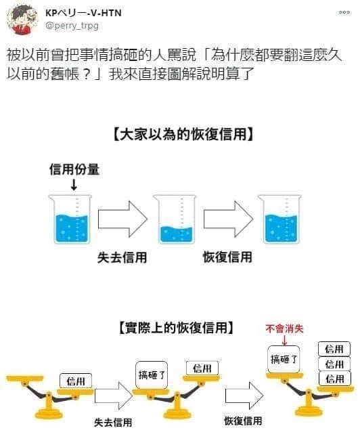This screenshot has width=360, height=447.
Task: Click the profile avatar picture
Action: pyautogui.click(x=22, y=20)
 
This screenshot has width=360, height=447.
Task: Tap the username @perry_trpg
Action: pyautogui.click(x=72, y=26)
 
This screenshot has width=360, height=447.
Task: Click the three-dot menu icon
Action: pyautogui.click(x=344, y=12)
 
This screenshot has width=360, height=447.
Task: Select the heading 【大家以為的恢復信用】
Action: pyautogui.click(x=183, y=134)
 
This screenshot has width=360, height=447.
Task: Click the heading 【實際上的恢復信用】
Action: pyautogui.click(x=176, y=328)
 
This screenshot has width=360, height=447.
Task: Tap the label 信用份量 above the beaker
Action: pyautogui.click(x=74, y=169)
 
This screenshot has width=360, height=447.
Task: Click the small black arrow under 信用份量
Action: pyautogui.click(x=74, y=185)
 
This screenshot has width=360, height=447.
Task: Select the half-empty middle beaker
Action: pyautogui.click(x=175, y=219)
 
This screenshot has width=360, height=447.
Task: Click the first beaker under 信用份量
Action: pyautogui.click(x=70, y=219)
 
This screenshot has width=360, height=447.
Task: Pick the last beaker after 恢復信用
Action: pyautogui.click(x=279, y=219)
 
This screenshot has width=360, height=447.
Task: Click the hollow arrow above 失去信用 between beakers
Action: pyautogui.click(x=122, y=219)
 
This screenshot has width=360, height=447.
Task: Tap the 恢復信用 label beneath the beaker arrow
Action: pyautogui.click(x=227, y=257)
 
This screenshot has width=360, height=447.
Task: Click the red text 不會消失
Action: pyautogui.click(x=284, y=328)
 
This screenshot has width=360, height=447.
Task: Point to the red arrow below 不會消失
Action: pyautogui.click(x=284, y=340)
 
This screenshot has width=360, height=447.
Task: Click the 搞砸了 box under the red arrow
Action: pyautogui.click(x=284, y=359)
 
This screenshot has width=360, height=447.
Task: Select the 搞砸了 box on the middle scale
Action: pyautogui.click(x=152, y=375)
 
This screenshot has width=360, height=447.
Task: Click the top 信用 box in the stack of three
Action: pyautogui.click(x=334, y=349)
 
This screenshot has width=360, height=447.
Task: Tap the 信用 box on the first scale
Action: pyautogui.click(x=76, y=381)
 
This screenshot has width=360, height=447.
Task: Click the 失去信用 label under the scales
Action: pyautogui.click(x=113, y=422)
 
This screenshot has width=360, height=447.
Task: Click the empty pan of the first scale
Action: pyautogui.click(x=25, y=379)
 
